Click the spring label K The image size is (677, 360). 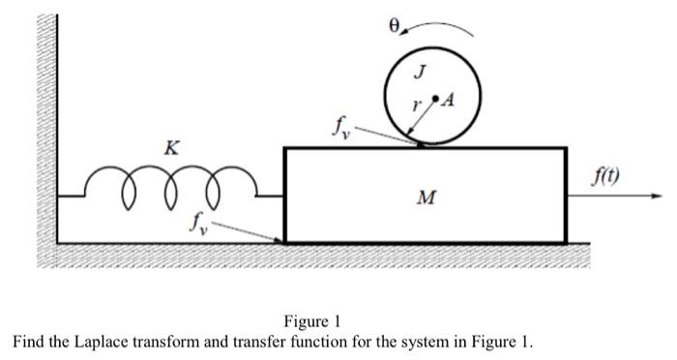(171, 148)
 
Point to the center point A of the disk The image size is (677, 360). (436, 98)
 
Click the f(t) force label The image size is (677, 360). (608, 177)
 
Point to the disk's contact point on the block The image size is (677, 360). (422, 145)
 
